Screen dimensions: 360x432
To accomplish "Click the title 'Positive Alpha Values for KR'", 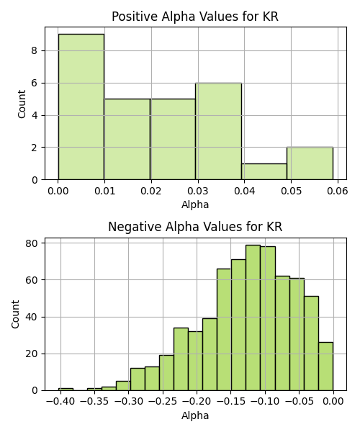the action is [x=195, y=17].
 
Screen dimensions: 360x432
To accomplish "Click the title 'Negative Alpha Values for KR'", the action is [x=195, y=227].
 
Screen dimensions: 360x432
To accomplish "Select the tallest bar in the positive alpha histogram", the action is [x=81, y=107].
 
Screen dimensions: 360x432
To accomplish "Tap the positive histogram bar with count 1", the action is [x=264, y=171].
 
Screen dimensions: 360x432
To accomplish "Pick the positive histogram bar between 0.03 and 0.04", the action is [x=218, y=132].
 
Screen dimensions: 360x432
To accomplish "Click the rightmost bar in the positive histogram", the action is [x=310, y=163].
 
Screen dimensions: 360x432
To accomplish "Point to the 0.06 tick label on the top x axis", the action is [x=338, y=191].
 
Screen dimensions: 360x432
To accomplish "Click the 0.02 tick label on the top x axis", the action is [x=151, y=191].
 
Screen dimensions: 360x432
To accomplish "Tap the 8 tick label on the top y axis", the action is [x=35, y=50].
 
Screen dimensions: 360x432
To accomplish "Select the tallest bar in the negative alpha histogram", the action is [x=253, y=318].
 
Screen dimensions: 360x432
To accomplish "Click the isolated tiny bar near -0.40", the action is [x=66, y=390].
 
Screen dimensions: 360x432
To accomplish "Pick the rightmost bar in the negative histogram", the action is [x=326, y=366].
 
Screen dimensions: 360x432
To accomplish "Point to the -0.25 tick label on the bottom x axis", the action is [x=163, y=402].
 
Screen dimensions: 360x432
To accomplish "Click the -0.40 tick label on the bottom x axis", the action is [x=60, y=402].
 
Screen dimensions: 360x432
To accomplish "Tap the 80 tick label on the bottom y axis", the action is [x=32, y=243].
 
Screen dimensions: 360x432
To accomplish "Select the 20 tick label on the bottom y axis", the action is [x=32, y=354].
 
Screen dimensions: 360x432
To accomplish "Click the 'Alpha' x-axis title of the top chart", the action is [x=195, y=204].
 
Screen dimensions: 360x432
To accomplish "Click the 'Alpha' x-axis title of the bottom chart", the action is [x=195, y=415].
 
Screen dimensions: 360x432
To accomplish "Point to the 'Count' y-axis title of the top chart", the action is [x=22, y=104].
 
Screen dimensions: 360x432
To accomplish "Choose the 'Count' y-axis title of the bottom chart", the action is [x=15, y=315].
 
